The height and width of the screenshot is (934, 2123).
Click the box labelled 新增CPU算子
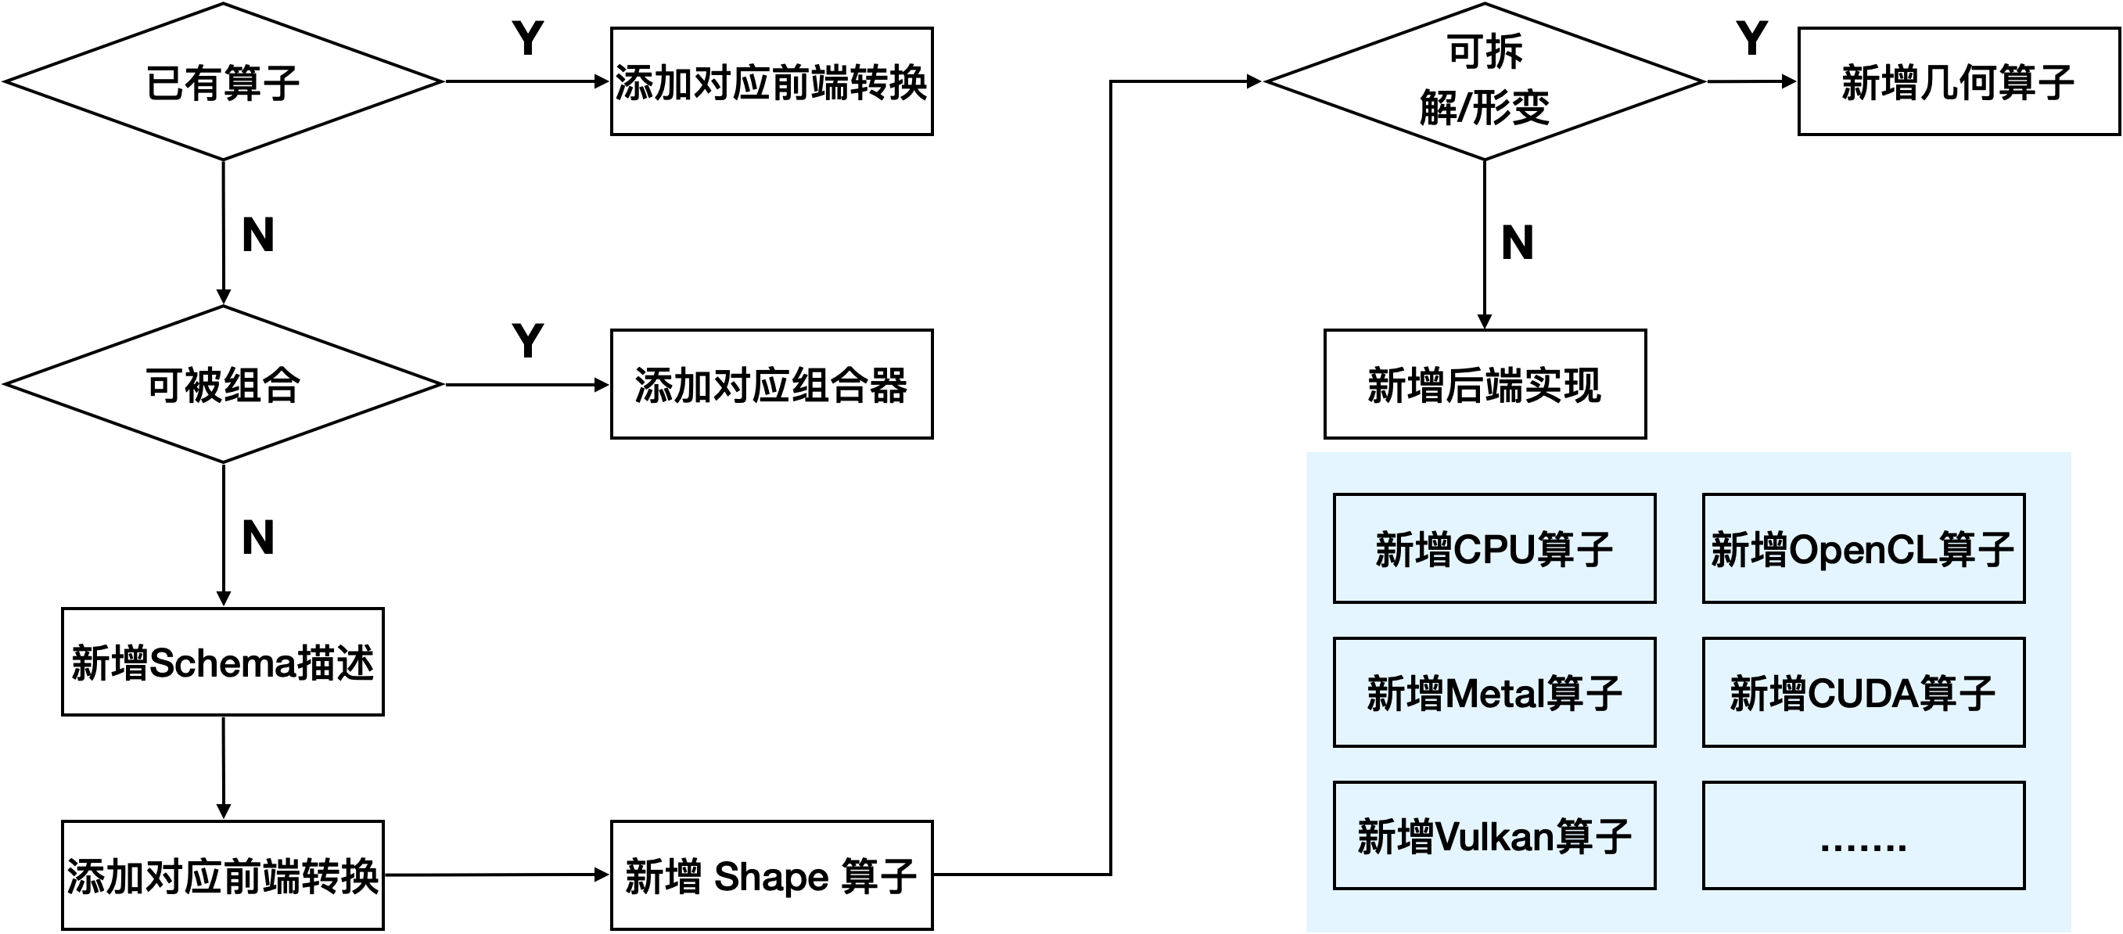[1494, 548]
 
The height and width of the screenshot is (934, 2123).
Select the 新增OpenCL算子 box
[1863, 548]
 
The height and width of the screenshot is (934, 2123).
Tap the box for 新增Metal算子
[1494, 692]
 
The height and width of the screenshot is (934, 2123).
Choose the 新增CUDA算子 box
[1863, 692]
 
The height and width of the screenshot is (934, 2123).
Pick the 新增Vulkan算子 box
[1494, 835]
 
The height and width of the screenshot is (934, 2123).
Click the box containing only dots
[1863, 835]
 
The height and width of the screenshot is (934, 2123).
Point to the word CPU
[1494, 550]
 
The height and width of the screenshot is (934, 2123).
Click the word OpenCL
[1863, 550]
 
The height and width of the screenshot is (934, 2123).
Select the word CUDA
[1863, 693]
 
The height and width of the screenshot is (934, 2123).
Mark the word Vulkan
[1494, 837]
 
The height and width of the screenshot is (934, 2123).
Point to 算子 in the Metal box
[1584, 693]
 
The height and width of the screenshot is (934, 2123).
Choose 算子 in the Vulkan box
[1593, 837]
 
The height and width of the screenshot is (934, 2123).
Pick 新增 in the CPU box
[1413, 550]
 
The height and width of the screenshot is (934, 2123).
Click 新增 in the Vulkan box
[1396, 837]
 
